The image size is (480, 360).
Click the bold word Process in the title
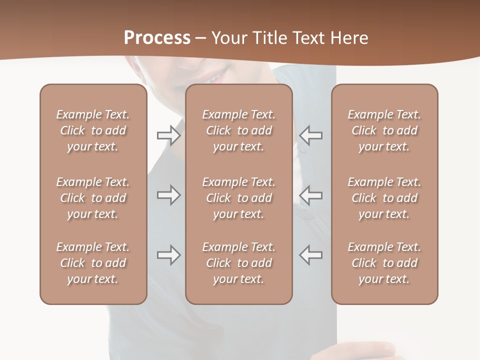157,38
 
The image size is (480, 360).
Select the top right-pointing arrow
169,135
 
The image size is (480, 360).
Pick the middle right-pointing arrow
169,195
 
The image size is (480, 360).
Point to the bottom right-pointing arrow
169,255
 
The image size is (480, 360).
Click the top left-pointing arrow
310,135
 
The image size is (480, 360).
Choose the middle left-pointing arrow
310,195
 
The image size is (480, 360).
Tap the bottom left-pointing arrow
310,255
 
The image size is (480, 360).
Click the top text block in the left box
93,130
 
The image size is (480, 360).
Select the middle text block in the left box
93,198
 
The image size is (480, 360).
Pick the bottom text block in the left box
93,263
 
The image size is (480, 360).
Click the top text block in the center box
238,130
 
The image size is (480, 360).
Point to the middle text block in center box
238,198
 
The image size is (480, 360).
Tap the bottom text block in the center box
238,263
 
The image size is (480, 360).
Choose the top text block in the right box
384,130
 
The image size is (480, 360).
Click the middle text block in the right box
384,198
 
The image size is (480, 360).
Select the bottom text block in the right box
384,263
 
